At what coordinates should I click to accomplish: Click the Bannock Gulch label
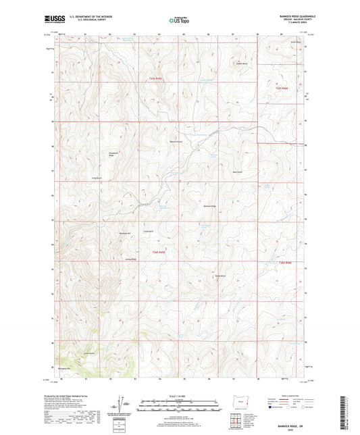(176, 141)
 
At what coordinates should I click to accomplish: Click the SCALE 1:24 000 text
(180, 394)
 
